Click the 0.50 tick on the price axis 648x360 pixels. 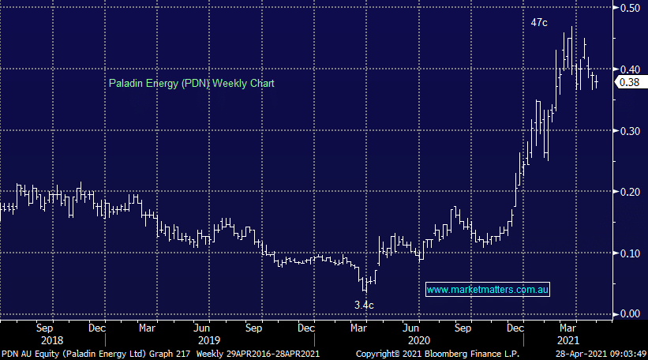[629, 9]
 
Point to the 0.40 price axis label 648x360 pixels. [629, 69]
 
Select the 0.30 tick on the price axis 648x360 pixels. [629, 130]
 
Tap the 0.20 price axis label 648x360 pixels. [629, 192]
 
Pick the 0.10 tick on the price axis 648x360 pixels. [629, 253]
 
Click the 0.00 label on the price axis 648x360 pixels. [629, 313]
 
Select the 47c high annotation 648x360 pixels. [538, 24]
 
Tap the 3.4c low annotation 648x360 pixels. [364, 303]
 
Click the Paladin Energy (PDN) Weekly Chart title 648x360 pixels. [191, 83]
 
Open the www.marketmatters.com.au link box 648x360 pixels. [488, 291]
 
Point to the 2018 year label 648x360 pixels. [70, 338]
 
